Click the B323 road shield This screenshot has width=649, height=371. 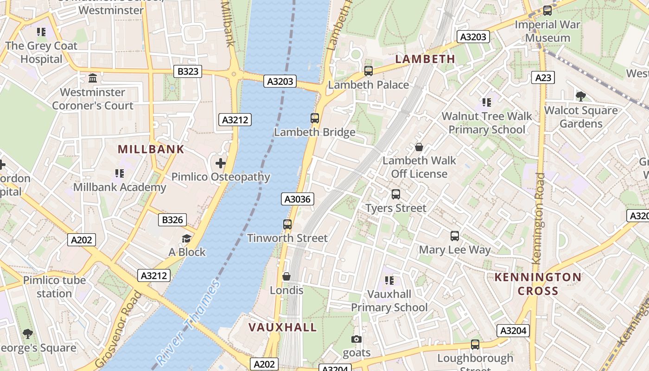tap(188, 71)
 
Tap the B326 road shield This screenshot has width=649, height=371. tap(172, 220)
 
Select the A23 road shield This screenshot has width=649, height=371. tap(543, 77)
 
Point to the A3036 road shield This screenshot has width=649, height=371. tap(298, 199)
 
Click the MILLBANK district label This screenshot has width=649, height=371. tap(151, 149)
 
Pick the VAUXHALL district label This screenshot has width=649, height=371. tap(283, 327)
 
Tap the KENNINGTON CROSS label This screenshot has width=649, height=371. tap(538, 284)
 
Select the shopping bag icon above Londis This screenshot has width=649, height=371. tap(286, 277)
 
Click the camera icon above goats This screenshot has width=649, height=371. tap(356, 339)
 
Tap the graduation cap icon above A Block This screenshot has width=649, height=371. tap(186, 238)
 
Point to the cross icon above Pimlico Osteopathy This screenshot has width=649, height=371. tap(221, 163)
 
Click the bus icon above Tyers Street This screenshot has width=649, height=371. tap(396, 194)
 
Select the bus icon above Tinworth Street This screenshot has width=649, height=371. tap(287, 224)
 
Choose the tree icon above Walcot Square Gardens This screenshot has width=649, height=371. tap(580, 96)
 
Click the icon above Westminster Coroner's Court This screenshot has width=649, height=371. tap(93, 78)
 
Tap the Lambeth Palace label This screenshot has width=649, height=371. tap(369, 85)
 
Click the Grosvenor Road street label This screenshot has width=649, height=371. tap(119, 329)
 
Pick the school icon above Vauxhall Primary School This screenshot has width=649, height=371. tap(389, 280)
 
